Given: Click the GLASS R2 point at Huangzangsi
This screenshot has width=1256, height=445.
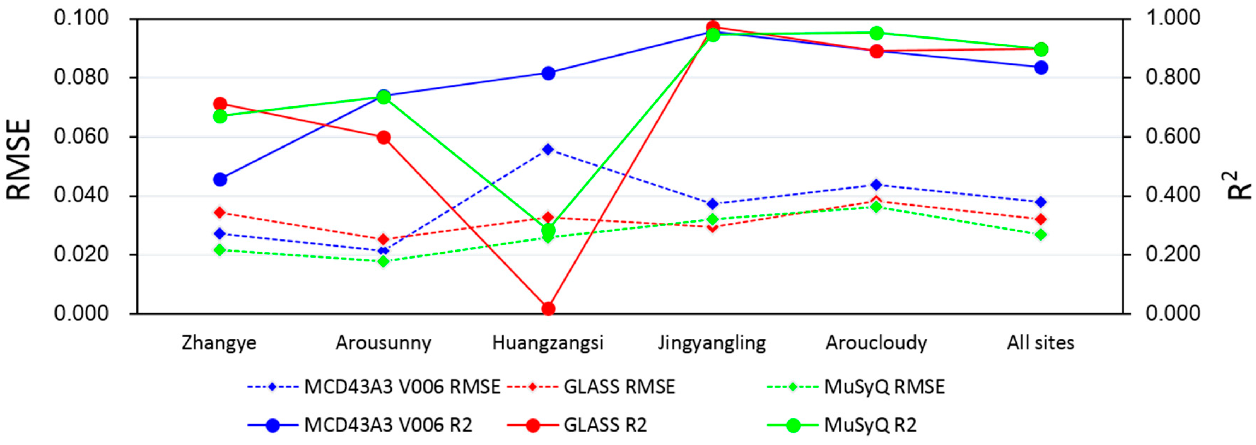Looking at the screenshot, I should pyautogui.click(x=548, y=308).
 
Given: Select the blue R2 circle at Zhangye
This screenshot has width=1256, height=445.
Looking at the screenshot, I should pyautogui.click(x=220, y=179).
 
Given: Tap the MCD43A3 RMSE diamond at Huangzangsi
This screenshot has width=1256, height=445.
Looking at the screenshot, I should pyautogui.click(x=548, y=149).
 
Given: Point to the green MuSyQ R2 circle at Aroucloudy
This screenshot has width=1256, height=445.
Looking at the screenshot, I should pyautogui.click(x=877, y=33).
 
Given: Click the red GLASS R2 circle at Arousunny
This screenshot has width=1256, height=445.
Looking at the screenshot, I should pyautogui.click(x=383, y=137).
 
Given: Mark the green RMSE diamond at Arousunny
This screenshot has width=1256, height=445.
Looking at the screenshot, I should pyautogui.click(x=383, y=261).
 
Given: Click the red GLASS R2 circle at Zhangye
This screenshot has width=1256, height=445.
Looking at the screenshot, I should pyautogui.click(x=220, y=103).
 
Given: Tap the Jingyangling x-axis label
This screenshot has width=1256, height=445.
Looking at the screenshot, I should pyautogui.click(x=712, y=343).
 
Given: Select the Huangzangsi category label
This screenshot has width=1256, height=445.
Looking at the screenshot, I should pyautogui.click(x=548, y=343).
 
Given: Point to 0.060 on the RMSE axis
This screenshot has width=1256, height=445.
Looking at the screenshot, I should pyautogui.click(x=81, y=137).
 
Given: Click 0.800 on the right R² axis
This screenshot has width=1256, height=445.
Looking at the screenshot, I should pyautogui.click(x=1173, y=77).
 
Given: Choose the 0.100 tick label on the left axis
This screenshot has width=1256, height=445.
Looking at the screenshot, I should pyautogui.click(x=81, y=18).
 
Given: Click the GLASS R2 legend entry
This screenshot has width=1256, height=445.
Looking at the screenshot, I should pyautogui.click(x=577, y=425).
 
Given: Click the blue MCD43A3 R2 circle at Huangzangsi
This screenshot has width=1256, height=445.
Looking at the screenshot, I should pyautogui.click(x=548, y=73).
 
